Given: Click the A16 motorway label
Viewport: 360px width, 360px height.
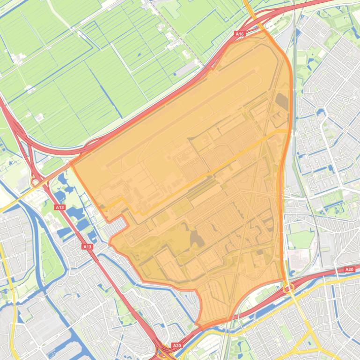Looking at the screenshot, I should click(x=240, y=34).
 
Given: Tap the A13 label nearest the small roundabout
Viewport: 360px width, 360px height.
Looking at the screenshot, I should click(x=59, y=207).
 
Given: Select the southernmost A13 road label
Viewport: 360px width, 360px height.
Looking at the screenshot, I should click(x=87, y=246).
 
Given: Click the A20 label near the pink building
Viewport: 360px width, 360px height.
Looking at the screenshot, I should click(x=349, y=269).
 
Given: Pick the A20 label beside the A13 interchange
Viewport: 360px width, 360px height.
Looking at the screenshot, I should click(x=176, y=346).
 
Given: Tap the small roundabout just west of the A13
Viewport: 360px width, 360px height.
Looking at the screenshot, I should click(x=35, y=181).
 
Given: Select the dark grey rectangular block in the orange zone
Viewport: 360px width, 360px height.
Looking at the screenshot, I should click(x=282, y=102).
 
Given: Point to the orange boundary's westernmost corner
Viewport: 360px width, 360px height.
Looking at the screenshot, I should click(x=71, y=164).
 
